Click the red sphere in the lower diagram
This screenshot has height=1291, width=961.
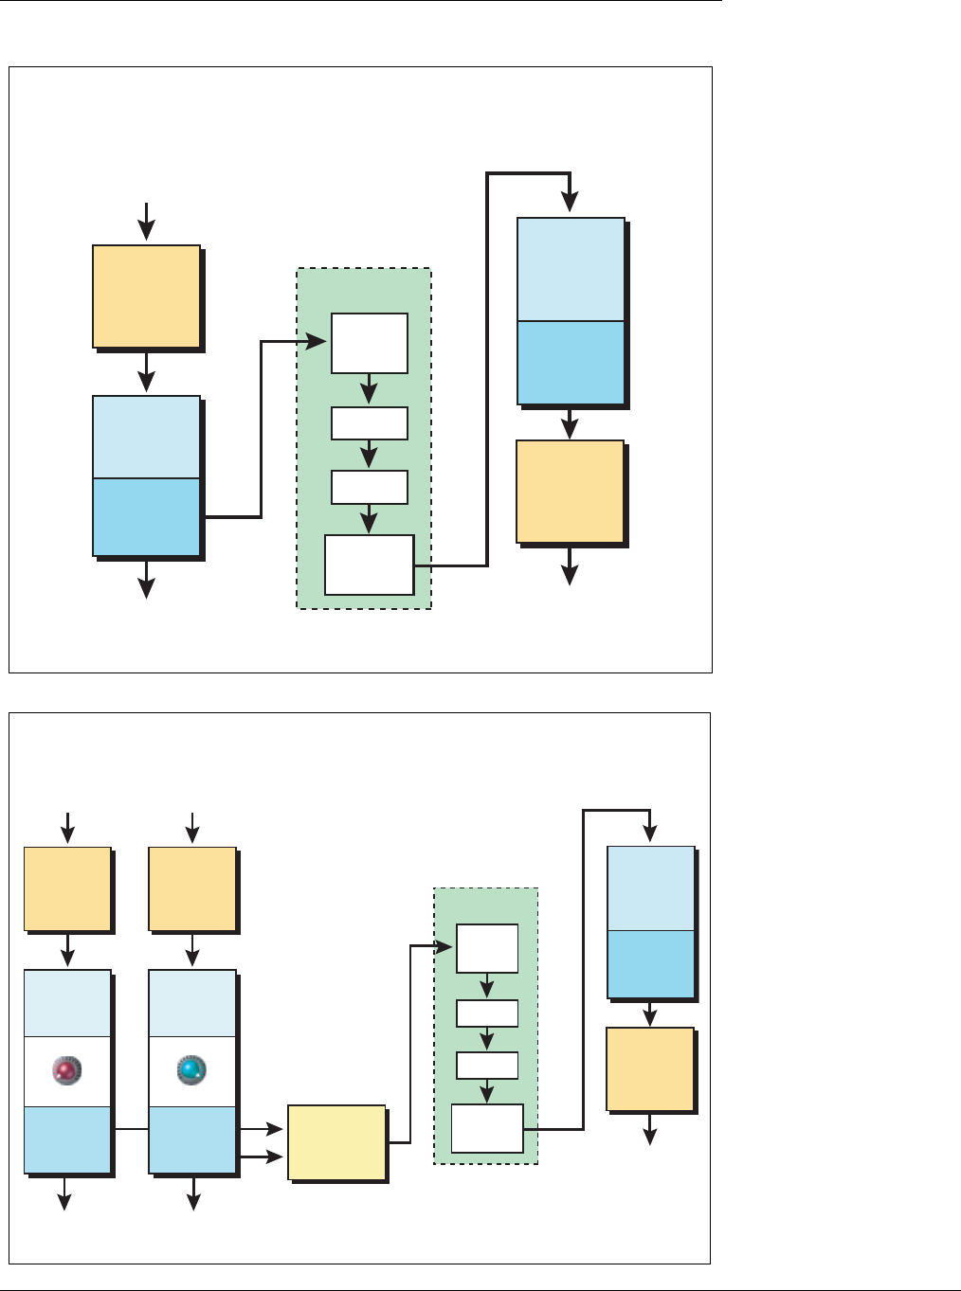pos(66,1071)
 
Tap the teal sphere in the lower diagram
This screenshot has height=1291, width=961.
pos(191,1071)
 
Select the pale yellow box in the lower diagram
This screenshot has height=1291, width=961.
pos(336,1142)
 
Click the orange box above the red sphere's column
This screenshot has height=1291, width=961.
pos(67,888)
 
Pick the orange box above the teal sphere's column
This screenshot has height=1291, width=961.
pos(192,888)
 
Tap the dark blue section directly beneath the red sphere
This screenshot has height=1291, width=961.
pos(67,1140)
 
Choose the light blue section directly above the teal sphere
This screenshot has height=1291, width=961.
pos(192,1003)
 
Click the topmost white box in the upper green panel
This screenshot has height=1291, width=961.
pos(370,343)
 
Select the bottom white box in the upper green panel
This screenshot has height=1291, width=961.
pos(370,565)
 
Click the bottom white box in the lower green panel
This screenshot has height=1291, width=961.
pos(487,1128)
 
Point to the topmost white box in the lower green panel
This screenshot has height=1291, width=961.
pos(487,948)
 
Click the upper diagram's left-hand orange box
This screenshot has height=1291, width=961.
pos(146,296)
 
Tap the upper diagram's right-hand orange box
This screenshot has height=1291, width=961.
pos(570,492)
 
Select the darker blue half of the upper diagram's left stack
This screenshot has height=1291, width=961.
pos(146,517)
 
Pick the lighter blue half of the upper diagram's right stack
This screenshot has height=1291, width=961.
pos(571,270)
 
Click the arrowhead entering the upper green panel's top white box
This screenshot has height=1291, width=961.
pos(320,342)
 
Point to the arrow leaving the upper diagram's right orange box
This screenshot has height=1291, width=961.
pos(570,568)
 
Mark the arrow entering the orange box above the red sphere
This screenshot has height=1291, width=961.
pos(67,830)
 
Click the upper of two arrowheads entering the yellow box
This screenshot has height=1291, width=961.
pos(275,1129)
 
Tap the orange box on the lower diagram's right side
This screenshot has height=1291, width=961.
pos(650,1068)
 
